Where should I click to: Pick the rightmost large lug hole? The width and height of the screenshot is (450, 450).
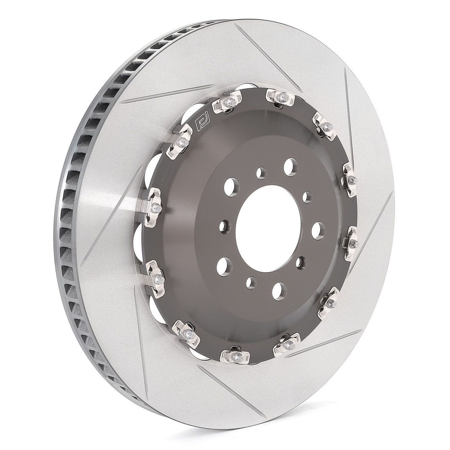pyautogui.click(x=318, y=230)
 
